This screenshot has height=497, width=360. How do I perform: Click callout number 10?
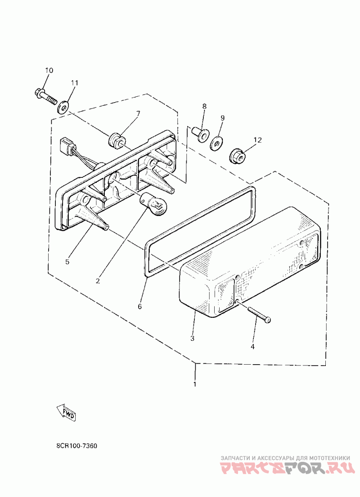coord(49,70)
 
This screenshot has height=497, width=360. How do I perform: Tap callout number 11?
coord(74,83)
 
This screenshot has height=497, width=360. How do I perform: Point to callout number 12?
coord(257,140)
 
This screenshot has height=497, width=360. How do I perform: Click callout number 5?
coord(68,261)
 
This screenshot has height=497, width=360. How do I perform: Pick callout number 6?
coord(139,306)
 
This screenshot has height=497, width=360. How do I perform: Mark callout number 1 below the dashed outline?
coord(195,384)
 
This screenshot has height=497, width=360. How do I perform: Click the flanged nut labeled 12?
coord(236,156)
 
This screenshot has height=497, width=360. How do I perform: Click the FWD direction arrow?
coord(66,412)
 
